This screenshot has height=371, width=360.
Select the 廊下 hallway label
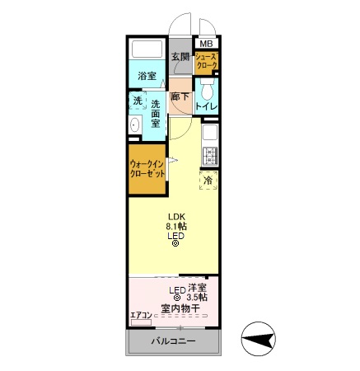coord(180,97)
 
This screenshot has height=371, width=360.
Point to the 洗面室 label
coord(155,113)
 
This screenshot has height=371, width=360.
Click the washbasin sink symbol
coord(135,125)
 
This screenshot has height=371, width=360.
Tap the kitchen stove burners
coord(209,153)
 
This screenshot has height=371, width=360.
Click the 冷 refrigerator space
coord(208,180)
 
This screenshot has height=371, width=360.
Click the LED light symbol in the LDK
coord(175,243)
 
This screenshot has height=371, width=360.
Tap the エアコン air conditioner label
coord(139,314)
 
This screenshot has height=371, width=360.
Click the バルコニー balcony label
coord(173,341)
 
